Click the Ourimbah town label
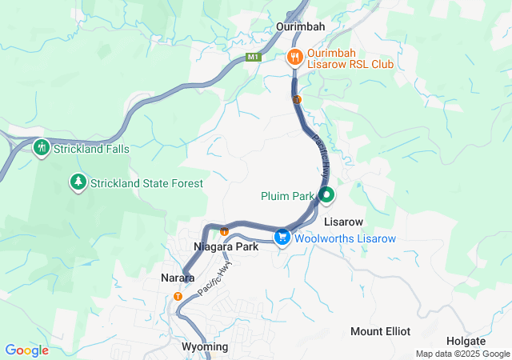[x=300, y=26]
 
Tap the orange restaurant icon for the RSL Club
[x=294, y=56]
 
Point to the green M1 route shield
[x=254, y=57]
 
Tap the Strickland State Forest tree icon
[x=78, y=182]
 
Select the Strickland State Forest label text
[x=146, y=183]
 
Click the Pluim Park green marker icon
[x=326, y=194]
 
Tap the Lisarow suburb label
[x=344, y=222]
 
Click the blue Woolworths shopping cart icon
[x=282, y=238]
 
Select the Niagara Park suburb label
[x=226, y=247]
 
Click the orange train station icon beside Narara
[x=178, y=296]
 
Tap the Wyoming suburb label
[x=205, y=346]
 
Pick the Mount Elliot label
[x=380, y=331]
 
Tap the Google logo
[x=26, y=350]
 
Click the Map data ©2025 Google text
[x=462, y=354]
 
